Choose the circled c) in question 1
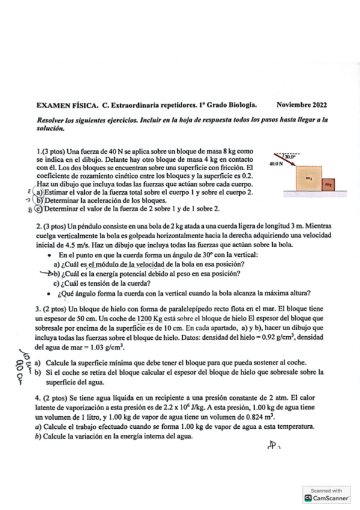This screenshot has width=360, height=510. pos(38,209)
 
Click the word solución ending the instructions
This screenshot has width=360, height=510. pos(49,128)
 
